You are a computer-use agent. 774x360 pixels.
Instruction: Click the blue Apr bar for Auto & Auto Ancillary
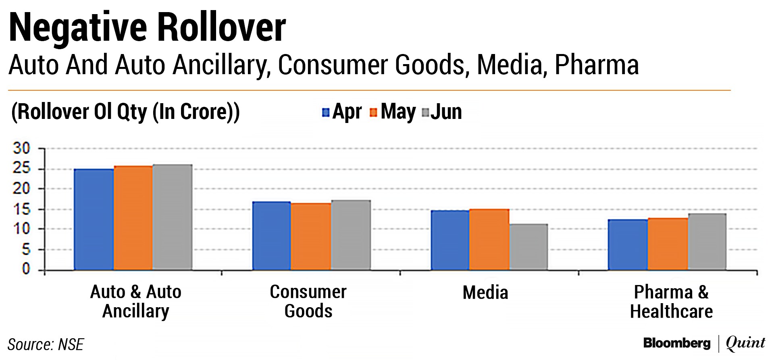coord(94,219)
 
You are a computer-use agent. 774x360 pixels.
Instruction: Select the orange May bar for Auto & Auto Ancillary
coord(133,218)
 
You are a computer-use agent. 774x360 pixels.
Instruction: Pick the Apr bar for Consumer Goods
coord(271,235)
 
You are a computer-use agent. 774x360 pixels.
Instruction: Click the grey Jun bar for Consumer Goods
coord(351,235)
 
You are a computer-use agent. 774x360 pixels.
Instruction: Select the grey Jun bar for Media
coord(528,247)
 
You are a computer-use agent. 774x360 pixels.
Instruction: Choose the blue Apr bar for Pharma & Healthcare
coord(628,244)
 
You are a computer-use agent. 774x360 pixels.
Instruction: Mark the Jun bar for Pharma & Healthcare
coord(707,241)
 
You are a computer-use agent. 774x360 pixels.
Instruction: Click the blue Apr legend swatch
coord(326,112)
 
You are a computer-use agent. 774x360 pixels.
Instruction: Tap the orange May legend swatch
coord(373,112)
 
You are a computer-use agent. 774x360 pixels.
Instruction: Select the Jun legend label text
coord(446,112)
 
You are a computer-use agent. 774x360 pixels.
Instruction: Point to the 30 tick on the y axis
coord(21,148)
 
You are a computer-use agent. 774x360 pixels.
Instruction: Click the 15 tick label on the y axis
coord(21,209)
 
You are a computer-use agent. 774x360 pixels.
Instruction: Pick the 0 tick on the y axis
coord(26,269)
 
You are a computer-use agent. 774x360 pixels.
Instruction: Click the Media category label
coord(485,293)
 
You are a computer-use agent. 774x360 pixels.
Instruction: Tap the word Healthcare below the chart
coord(671,312)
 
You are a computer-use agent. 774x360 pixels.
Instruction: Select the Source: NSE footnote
coord(46,345)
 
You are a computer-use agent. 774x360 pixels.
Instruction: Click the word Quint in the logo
coord(745,343)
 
